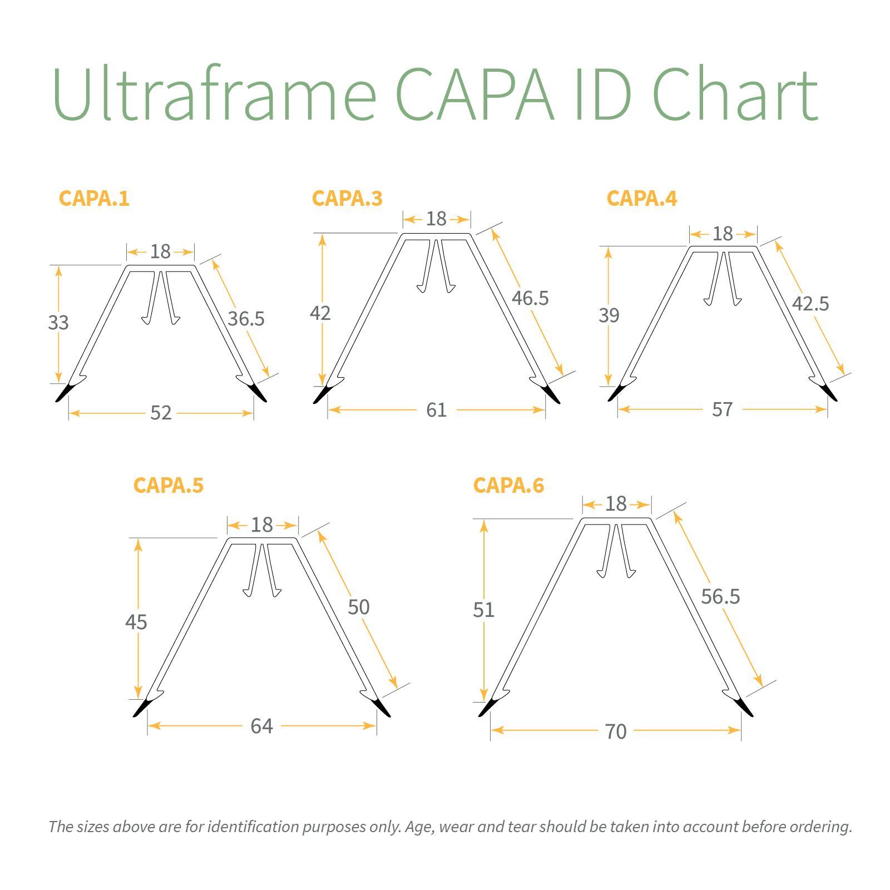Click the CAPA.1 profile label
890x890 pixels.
pos(94,199)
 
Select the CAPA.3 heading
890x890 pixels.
pos(347,199)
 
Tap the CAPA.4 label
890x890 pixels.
pos(641,199)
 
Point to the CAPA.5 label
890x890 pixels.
pos(168,486)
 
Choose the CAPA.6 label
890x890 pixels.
pos(508,486)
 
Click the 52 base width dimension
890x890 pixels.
pos(161,413)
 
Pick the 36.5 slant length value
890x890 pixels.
pos(246,319)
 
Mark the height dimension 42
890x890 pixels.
pos(320,313)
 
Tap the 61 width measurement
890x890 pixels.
pos(436,410)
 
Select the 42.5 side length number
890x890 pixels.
pos(810,304)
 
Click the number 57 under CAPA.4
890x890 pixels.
pos(722,409)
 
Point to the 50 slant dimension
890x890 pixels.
pos(358,607)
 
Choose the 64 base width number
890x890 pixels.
pos(261,726)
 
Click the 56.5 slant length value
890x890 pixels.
pos(720,596)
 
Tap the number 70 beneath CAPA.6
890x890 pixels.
pos(615,731)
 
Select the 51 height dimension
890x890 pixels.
pos(483,610)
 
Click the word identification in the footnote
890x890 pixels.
pos(253,827)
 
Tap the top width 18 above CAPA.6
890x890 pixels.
pos(616,504)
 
